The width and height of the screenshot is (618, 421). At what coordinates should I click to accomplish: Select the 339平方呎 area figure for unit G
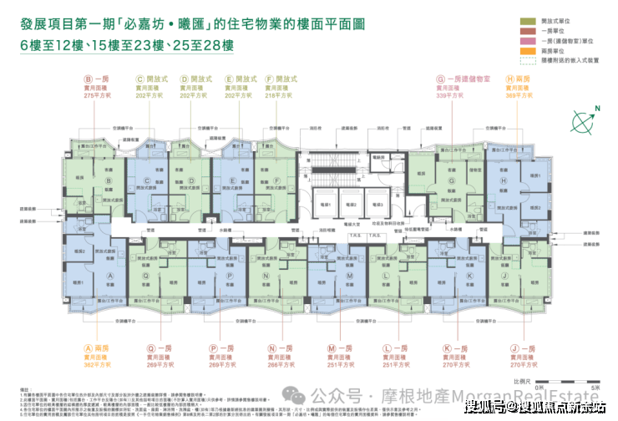449,97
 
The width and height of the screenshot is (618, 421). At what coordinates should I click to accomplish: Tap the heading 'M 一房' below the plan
344,347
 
